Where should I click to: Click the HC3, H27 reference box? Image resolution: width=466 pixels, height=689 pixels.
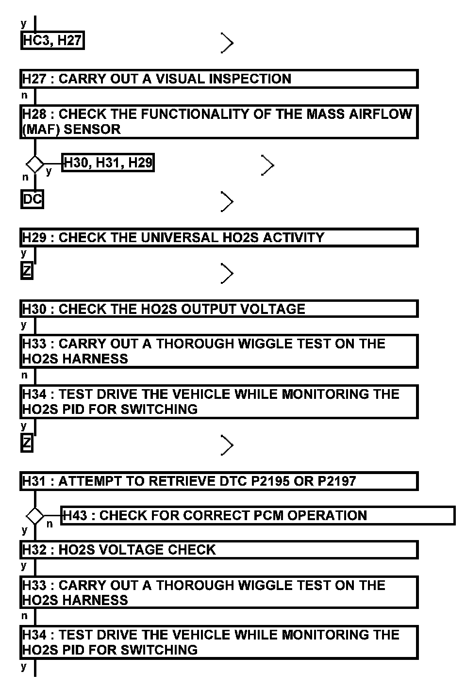(x=52, y=41)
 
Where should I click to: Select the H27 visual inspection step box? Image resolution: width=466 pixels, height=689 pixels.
(x=218, y=79)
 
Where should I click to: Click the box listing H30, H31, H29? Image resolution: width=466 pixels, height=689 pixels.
(x=108, y=163)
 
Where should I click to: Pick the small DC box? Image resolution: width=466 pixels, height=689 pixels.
(x=33, y=199)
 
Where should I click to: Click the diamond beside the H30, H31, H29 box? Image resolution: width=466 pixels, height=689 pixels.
(x=35, y=164)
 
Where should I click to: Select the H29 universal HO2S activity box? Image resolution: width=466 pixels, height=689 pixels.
(x=218, y=238)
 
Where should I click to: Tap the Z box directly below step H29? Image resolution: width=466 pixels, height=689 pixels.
(x=27, y=270)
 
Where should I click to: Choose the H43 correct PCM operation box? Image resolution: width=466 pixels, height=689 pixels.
(x=257, y=515)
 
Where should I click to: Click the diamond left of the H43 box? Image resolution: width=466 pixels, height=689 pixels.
(x=35, y=515)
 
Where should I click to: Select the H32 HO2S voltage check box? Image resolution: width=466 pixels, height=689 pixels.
(x=218, y=550)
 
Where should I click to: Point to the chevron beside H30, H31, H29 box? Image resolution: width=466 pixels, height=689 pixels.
(x=267, y=165)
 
